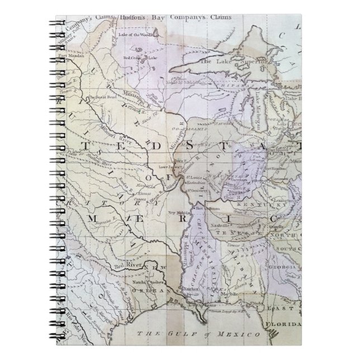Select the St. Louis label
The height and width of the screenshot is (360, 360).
193,178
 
